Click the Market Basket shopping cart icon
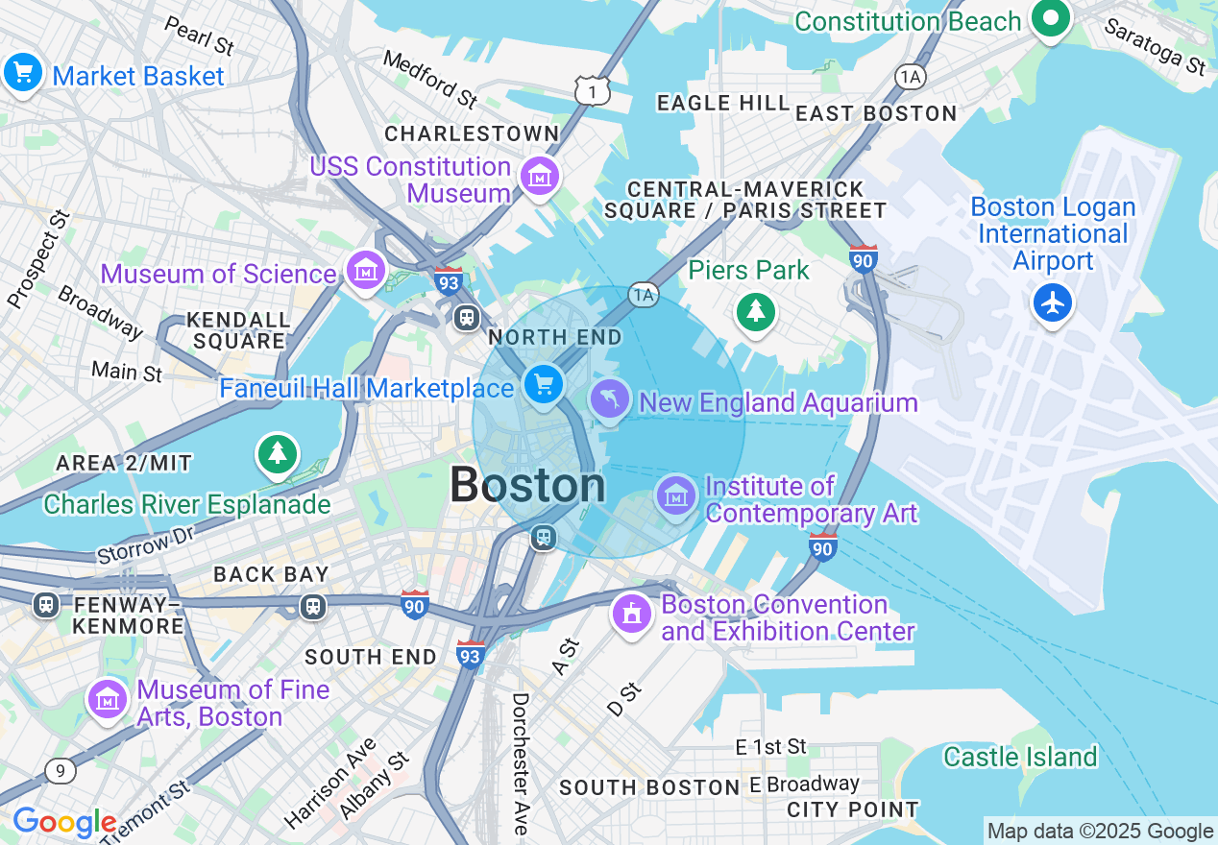22,73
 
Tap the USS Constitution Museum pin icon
540,177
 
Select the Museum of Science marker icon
365,272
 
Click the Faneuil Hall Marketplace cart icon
544,385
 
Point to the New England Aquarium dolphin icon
610,399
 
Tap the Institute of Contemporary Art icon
677,495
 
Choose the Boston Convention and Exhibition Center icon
632,614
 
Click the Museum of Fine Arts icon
108,700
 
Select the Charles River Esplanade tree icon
277,453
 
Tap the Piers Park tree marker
756,311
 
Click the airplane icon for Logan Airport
1054,303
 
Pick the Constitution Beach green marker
1051,18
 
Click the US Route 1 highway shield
593,91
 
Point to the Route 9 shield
60,770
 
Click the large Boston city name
527,485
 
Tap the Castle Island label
1019,757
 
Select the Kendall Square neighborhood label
238,330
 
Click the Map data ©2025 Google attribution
1100,832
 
